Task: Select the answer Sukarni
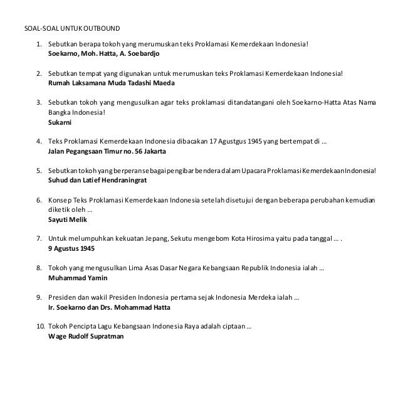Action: click(x=60, y=124)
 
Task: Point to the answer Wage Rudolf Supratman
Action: click(x=86, y=335)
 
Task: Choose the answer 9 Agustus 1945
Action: click(x=71, y=248)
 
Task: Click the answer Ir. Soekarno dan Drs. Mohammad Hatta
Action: click(x=108, y=308)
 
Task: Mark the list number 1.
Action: click(x=38, y=45)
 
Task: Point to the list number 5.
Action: click(x=38, y=170)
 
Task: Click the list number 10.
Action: click(x=39, y=327)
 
